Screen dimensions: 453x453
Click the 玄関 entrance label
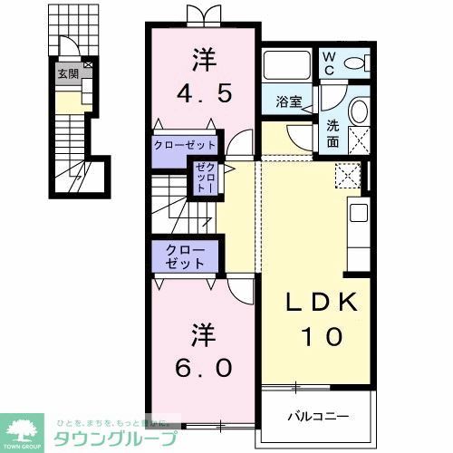point(68,75)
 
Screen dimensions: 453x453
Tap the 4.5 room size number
point(204,92)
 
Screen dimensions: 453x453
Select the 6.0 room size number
point(204,368)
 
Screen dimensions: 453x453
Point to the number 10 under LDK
point(318,336)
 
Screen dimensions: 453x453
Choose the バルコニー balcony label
point(318,418)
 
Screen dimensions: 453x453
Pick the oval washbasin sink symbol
point(358,112)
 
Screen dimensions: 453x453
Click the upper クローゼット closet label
point(185,145)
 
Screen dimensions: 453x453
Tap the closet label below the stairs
point(185,256)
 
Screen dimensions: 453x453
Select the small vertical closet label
point(205,181)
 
